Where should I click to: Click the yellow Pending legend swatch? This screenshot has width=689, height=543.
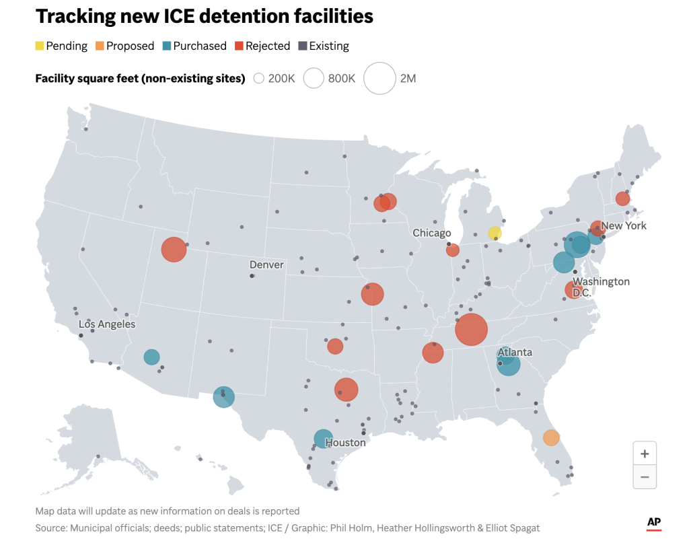40,46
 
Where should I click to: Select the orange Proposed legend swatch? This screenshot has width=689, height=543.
100,46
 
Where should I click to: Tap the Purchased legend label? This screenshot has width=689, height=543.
199,46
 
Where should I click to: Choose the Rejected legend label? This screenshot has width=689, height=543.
267,46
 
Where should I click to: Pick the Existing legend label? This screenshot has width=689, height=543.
328,46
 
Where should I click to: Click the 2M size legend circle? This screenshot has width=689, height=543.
379,79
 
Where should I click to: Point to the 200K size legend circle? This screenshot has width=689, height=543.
258,79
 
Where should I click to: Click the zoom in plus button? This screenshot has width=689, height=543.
645,454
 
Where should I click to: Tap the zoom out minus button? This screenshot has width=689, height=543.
645,477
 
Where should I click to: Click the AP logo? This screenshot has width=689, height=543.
653,523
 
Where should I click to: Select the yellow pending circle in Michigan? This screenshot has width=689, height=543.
495,233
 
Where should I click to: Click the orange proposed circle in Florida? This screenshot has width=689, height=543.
551,437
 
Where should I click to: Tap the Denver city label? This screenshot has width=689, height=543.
266,264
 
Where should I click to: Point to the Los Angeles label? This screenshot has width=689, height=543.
106,324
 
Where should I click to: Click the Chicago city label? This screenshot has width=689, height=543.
432,233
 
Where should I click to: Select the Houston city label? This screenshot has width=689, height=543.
345,443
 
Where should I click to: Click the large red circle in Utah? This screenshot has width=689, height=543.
174,250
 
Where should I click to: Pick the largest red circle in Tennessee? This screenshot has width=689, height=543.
471,329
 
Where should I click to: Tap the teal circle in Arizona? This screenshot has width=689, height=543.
151,357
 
